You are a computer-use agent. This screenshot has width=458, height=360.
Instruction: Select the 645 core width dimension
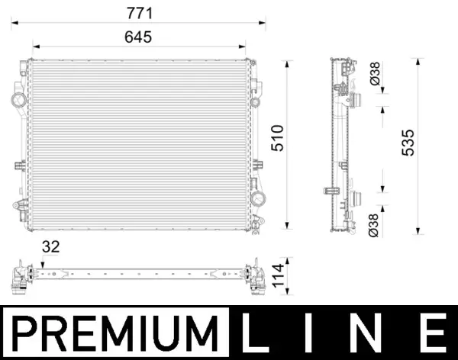coord(139,37)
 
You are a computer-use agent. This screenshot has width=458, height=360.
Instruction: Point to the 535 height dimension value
coord(408,143)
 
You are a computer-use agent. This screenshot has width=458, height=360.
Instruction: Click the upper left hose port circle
coord(17,100)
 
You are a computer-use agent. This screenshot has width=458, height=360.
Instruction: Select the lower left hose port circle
coord(17,204)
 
